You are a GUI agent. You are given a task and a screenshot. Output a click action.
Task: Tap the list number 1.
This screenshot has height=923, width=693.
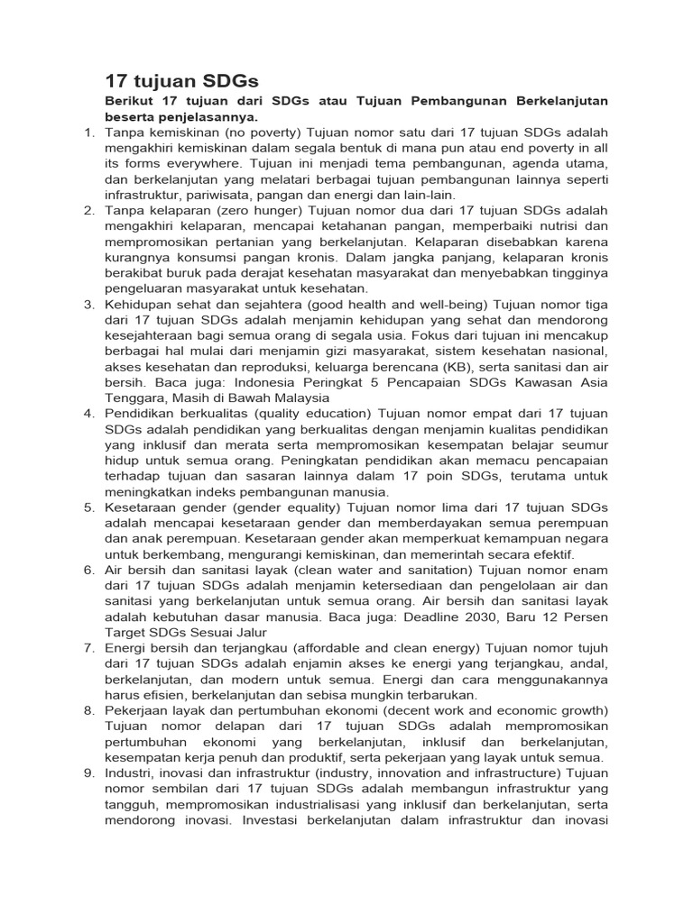pyautogui.click(x=88, y=133)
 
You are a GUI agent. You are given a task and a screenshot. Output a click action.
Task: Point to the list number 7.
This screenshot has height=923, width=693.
pyautogui.click(x=88, y=648)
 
